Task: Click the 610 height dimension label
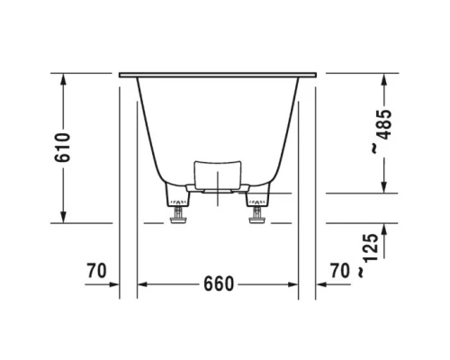tap(62, 147)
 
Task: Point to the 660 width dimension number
tap(217, 284)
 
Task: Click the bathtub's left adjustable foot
tap(176, 213)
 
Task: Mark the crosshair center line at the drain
tap(217, 193)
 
